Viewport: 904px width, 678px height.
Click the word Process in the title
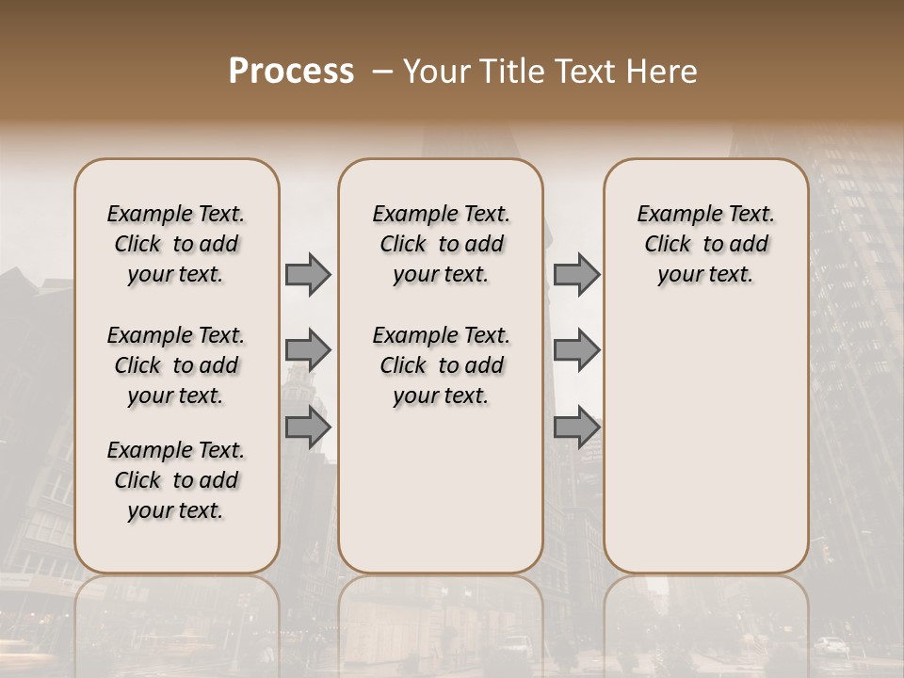coord(291,72)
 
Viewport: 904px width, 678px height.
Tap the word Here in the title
coord(664,72)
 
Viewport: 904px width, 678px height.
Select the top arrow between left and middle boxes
coord(308,274)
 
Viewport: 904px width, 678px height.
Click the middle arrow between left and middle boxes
coord(308,350)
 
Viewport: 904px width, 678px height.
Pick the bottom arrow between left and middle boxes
coord(308,427)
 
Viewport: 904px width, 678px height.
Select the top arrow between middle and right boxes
coord(576,274)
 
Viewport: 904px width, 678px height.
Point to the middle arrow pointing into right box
coord(576,350)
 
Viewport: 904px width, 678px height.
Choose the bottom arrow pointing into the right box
coord(576,427)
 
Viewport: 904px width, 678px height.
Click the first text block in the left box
coord(176,244)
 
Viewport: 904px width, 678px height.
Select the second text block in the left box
coord(176,365)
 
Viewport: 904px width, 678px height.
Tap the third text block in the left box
coord(176,480)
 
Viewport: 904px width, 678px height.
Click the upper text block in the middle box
coord(441,244)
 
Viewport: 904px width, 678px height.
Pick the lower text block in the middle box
coord(441,365)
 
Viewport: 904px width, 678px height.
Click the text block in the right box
coord(705,244)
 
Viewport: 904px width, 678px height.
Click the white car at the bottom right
coord(831,646)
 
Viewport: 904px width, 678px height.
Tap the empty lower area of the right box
coord(705,443)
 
